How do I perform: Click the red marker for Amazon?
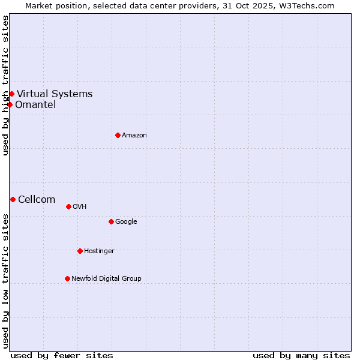tap(118, 135)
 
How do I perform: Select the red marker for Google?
tap(111, 221)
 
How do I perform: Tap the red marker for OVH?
tap(68, 206)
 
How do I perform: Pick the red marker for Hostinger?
tap(80, 251)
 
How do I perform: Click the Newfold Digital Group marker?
tap(67, 278)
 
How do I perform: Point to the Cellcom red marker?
tap(13, 199)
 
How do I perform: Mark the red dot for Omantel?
tap(10, 104)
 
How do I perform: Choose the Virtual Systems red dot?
tap(11, 94)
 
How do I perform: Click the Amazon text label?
tap(134, 135)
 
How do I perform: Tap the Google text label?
tap(126, 221)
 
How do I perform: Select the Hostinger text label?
tap(99, 251)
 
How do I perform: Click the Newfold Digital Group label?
tap(106, 278)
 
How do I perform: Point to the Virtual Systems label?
tap(55, 94)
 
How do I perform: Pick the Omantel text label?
tap(35, 105)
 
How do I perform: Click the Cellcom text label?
tap(37, 200)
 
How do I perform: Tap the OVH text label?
tap(80, 206)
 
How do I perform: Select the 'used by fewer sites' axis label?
tap(62, 355)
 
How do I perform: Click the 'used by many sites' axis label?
tap(301, 355)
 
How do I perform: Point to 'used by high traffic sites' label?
tap(5, 85)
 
